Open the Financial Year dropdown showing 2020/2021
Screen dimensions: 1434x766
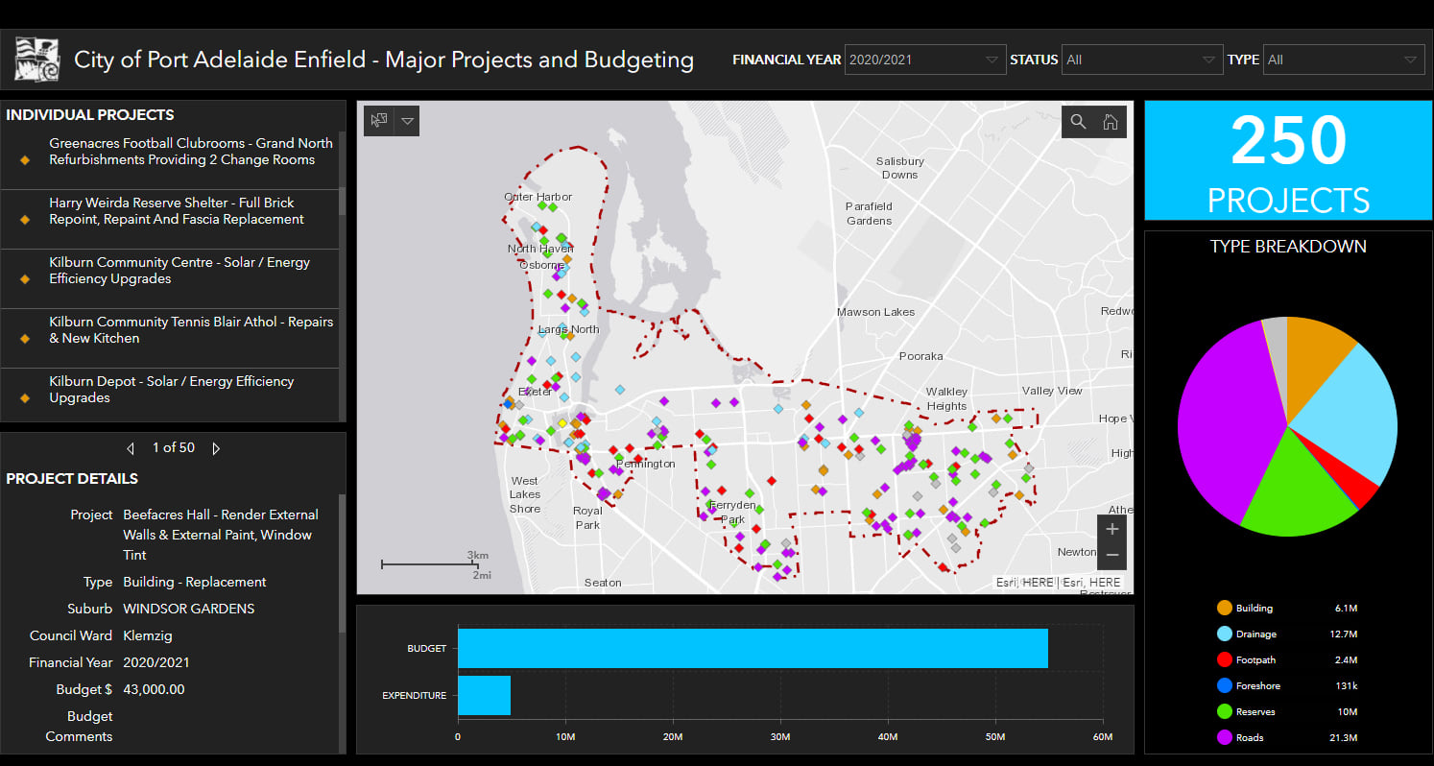tap(925, 60)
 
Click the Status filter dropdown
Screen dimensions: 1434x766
tap(1141, 60)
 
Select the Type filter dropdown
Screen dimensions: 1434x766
tap(1343, 60)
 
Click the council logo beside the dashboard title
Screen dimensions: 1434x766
tap(37, 60)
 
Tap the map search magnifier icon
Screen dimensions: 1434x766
tap(1078, 122)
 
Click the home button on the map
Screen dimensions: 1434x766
tap(1111, 122)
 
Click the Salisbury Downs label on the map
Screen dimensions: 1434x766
tap(900, 168)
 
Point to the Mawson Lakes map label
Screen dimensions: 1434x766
tap(875, 312)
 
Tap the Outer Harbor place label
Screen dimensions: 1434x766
tap(538, 197)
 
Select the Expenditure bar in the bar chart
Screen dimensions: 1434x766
tap(484, 695)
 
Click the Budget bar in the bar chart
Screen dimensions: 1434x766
tap(753, 648)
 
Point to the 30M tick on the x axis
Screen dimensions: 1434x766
tap(779, 736)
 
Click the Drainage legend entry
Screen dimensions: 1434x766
tap(1247, 634)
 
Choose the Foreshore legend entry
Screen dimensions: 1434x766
tap(1249, 685)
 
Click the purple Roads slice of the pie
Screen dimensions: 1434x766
tap(1226, 422)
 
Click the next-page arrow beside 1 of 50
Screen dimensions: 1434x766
tap(216, 448)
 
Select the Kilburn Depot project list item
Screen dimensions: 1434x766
tap(171, 390)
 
